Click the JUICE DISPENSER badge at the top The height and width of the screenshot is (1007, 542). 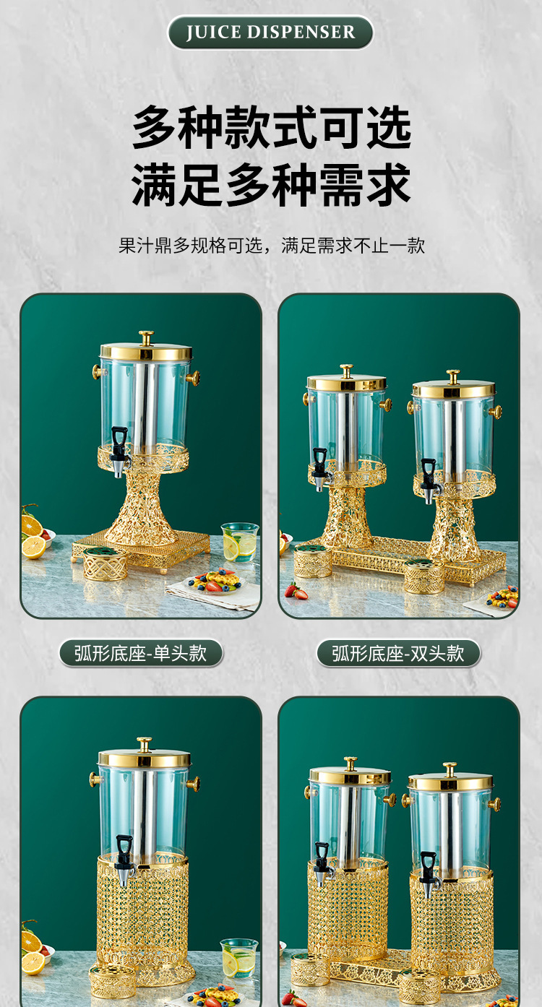(270, 33)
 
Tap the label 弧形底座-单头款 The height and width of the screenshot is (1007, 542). (140, 654)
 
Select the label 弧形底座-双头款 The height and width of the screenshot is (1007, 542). (398, 654)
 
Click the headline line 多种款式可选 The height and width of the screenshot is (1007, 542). (271, 128)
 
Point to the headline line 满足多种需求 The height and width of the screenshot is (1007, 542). (271, 185)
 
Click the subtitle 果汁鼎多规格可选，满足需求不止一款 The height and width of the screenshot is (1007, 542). (271, 246)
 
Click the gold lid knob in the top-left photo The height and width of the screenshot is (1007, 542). (147, 337)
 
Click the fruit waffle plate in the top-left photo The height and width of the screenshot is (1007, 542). (213, 581)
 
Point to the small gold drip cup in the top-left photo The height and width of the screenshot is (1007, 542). (105, 564)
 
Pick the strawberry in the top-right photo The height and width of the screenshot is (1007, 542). (295, 592)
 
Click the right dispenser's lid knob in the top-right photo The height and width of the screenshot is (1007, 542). (453, 376)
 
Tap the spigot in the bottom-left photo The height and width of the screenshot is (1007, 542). (124, 859)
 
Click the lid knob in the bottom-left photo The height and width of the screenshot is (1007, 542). (145, 743)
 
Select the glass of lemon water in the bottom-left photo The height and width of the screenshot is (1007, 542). (239, 958)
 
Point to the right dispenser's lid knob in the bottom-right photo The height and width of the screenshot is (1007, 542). (449, 769)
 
